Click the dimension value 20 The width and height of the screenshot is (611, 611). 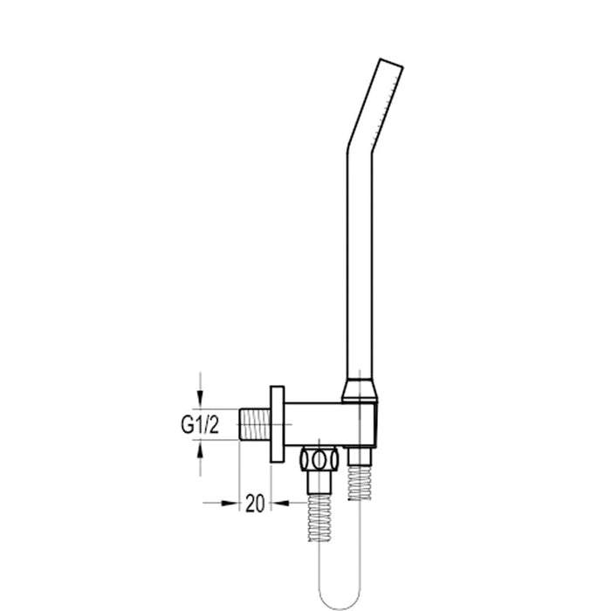[x=255, y=504]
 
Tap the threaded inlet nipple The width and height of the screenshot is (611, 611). [x=254, y=424]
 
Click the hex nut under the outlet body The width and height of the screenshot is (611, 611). [x=319, y=459]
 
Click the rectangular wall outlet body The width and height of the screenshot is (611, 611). [x=332, y=424]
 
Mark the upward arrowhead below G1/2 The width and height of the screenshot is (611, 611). [x=201, y=446]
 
